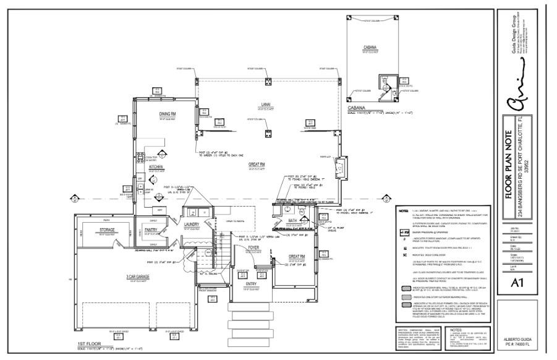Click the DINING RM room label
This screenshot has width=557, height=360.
[x=168, y=114]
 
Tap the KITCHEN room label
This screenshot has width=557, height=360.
[x=156, y=167]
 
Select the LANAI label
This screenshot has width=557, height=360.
[x=266, y=104]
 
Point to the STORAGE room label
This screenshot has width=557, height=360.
[x=106, y=229]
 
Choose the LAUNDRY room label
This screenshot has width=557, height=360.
[x=191, y=225]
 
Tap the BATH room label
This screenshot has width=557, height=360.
[x=292, y=220]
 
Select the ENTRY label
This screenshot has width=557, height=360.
[x=251, y=284]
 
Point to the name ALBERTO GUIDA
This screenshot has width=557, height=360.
[x=519, y=340]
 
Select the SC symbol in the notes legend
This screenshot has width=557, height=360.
[x=404, y=254]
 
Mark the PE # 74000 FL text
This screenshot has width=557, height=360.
[x=519, y=346]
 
